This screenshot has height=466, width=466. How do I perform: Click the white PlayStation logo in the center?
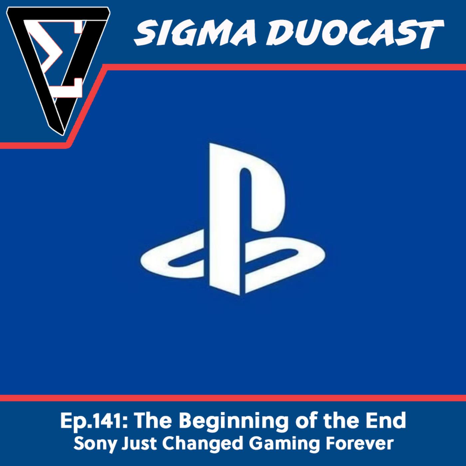pos(233,219)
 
